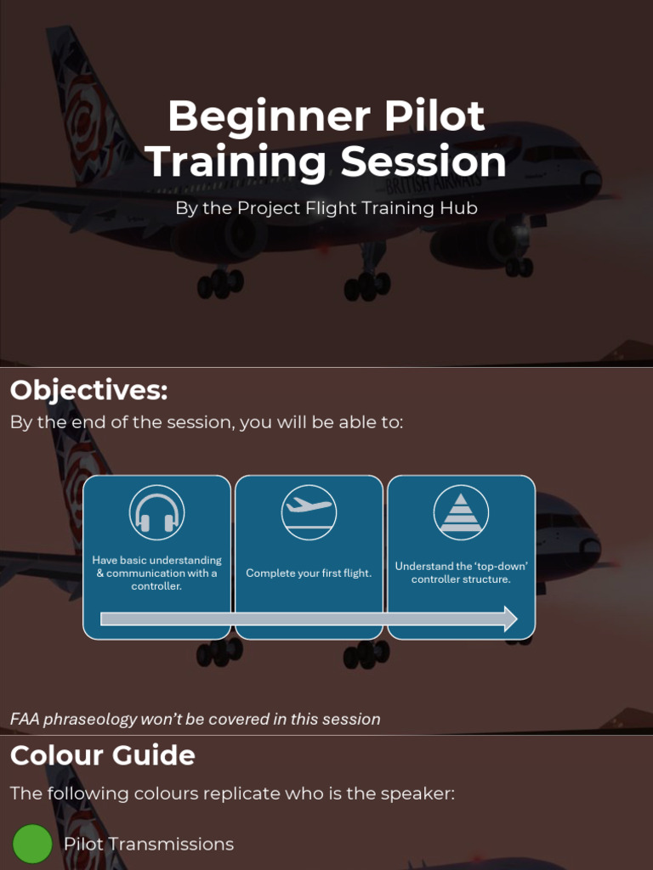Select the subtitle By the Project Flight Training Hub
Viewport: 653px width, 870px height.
click(326, 208)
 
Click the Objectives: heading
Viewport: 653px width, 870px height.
click(88, 391)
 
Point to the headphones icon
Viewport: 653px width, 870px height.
click(156, 513)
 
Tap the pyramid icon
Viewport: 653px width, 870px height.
click(461, 512)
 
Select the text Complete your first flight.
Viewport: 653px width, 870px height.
click(309, 573)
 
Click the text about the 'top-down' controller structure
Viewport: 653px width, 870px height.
click(461, 573)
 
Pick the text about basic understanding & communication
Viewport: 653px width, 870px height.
click(156, 573)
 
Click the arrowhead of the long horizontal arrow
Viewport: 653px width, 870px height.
click(509, 619)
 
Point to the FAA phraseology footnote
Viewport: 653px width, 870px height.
click(195, 719)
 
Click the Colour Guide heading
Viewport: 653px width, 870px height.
click(102, 755)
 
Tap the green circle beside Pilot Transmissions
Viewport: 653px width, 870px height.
click(32, 844)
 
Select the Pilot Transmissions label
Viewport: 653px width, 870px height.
click(149, 844)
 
